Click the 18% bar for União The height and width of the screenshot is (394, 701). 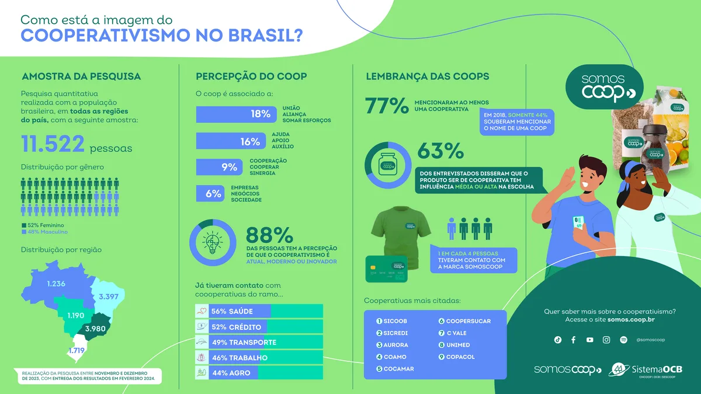pos(235,114)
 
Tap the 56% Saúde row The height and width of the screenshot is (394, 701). pos(259,312)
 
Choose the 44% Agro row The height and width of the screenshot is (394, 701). pos(259,373)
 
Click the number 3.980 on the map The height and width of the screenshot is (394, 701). pos(95,329)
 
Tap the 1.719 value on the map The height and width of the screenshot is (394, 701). pos(77,351)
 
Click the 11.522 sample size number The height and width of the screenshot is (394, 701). pos(53,144)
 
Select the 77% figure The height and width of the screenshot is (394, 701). pos(386,106)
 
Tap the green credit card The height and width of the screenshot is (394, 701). pos(386,269)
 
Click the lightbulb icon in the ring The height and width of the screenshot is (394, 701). pos(212,242)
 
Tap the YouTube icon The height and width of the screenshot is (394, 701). pos(589,340)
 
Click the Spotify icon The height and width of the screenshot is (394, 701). pos(623,340)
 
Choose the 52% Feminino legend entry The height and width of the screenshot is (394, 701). pos(44,225)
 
